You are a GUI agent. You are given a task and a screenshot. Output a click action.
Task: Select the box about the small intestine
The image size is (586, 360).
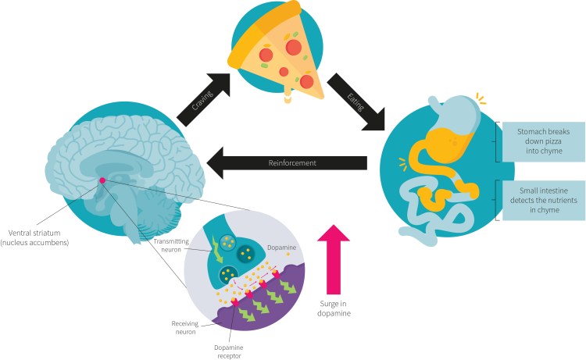pos(539,198)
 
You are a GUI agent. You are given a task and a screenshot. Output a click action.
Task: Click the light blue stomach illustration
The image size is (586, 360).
pos(453,117)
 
